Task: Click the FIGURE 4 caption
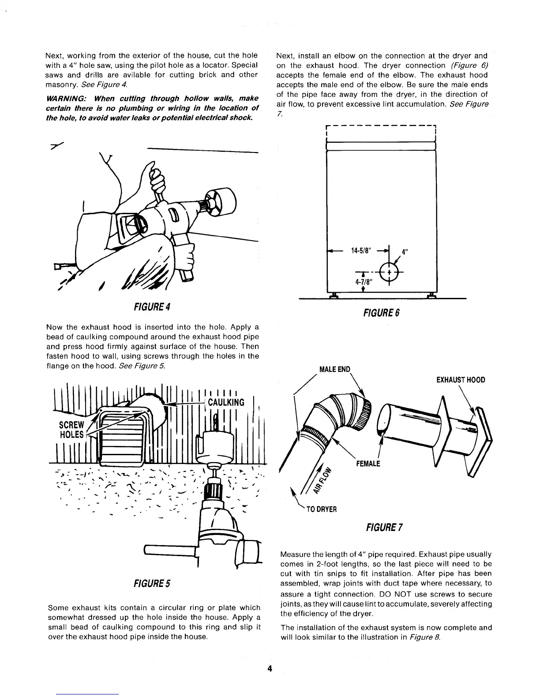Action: (152, 307)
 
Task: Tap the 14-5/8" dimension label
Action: (363, 251)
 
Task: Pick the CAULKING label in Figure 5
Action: (226, 402)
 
